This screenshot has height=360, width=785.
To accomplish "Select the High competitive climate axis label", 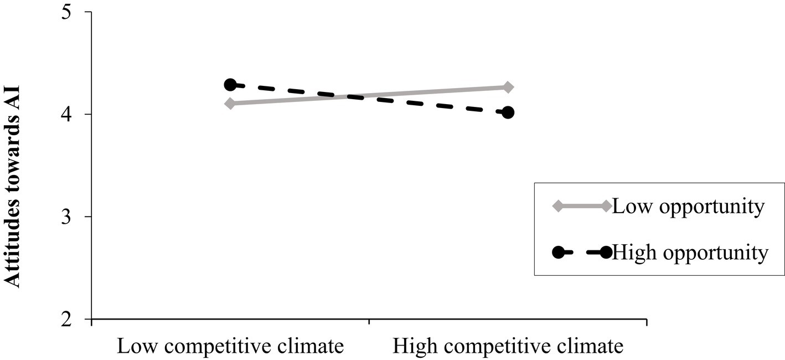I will coord(508,347).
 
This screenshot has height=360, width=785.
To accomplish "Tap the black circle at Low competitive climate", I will coord(230,85).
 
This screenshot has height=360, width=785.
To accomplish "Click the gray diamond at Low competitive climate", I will coord(230,103).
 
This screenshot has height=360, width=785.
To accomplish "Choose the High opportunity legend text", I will coord(691,253).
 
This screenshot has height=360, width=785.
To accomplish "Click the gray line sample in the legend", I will coord(582,206).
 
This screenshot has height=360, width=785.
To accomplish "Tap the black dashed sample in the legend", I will coord(582,253).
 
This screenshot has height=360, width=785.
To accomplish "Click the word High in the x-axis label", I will coord(410,347).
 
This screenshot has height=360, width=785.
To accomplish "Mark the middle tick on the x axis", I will coord(369,321).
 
